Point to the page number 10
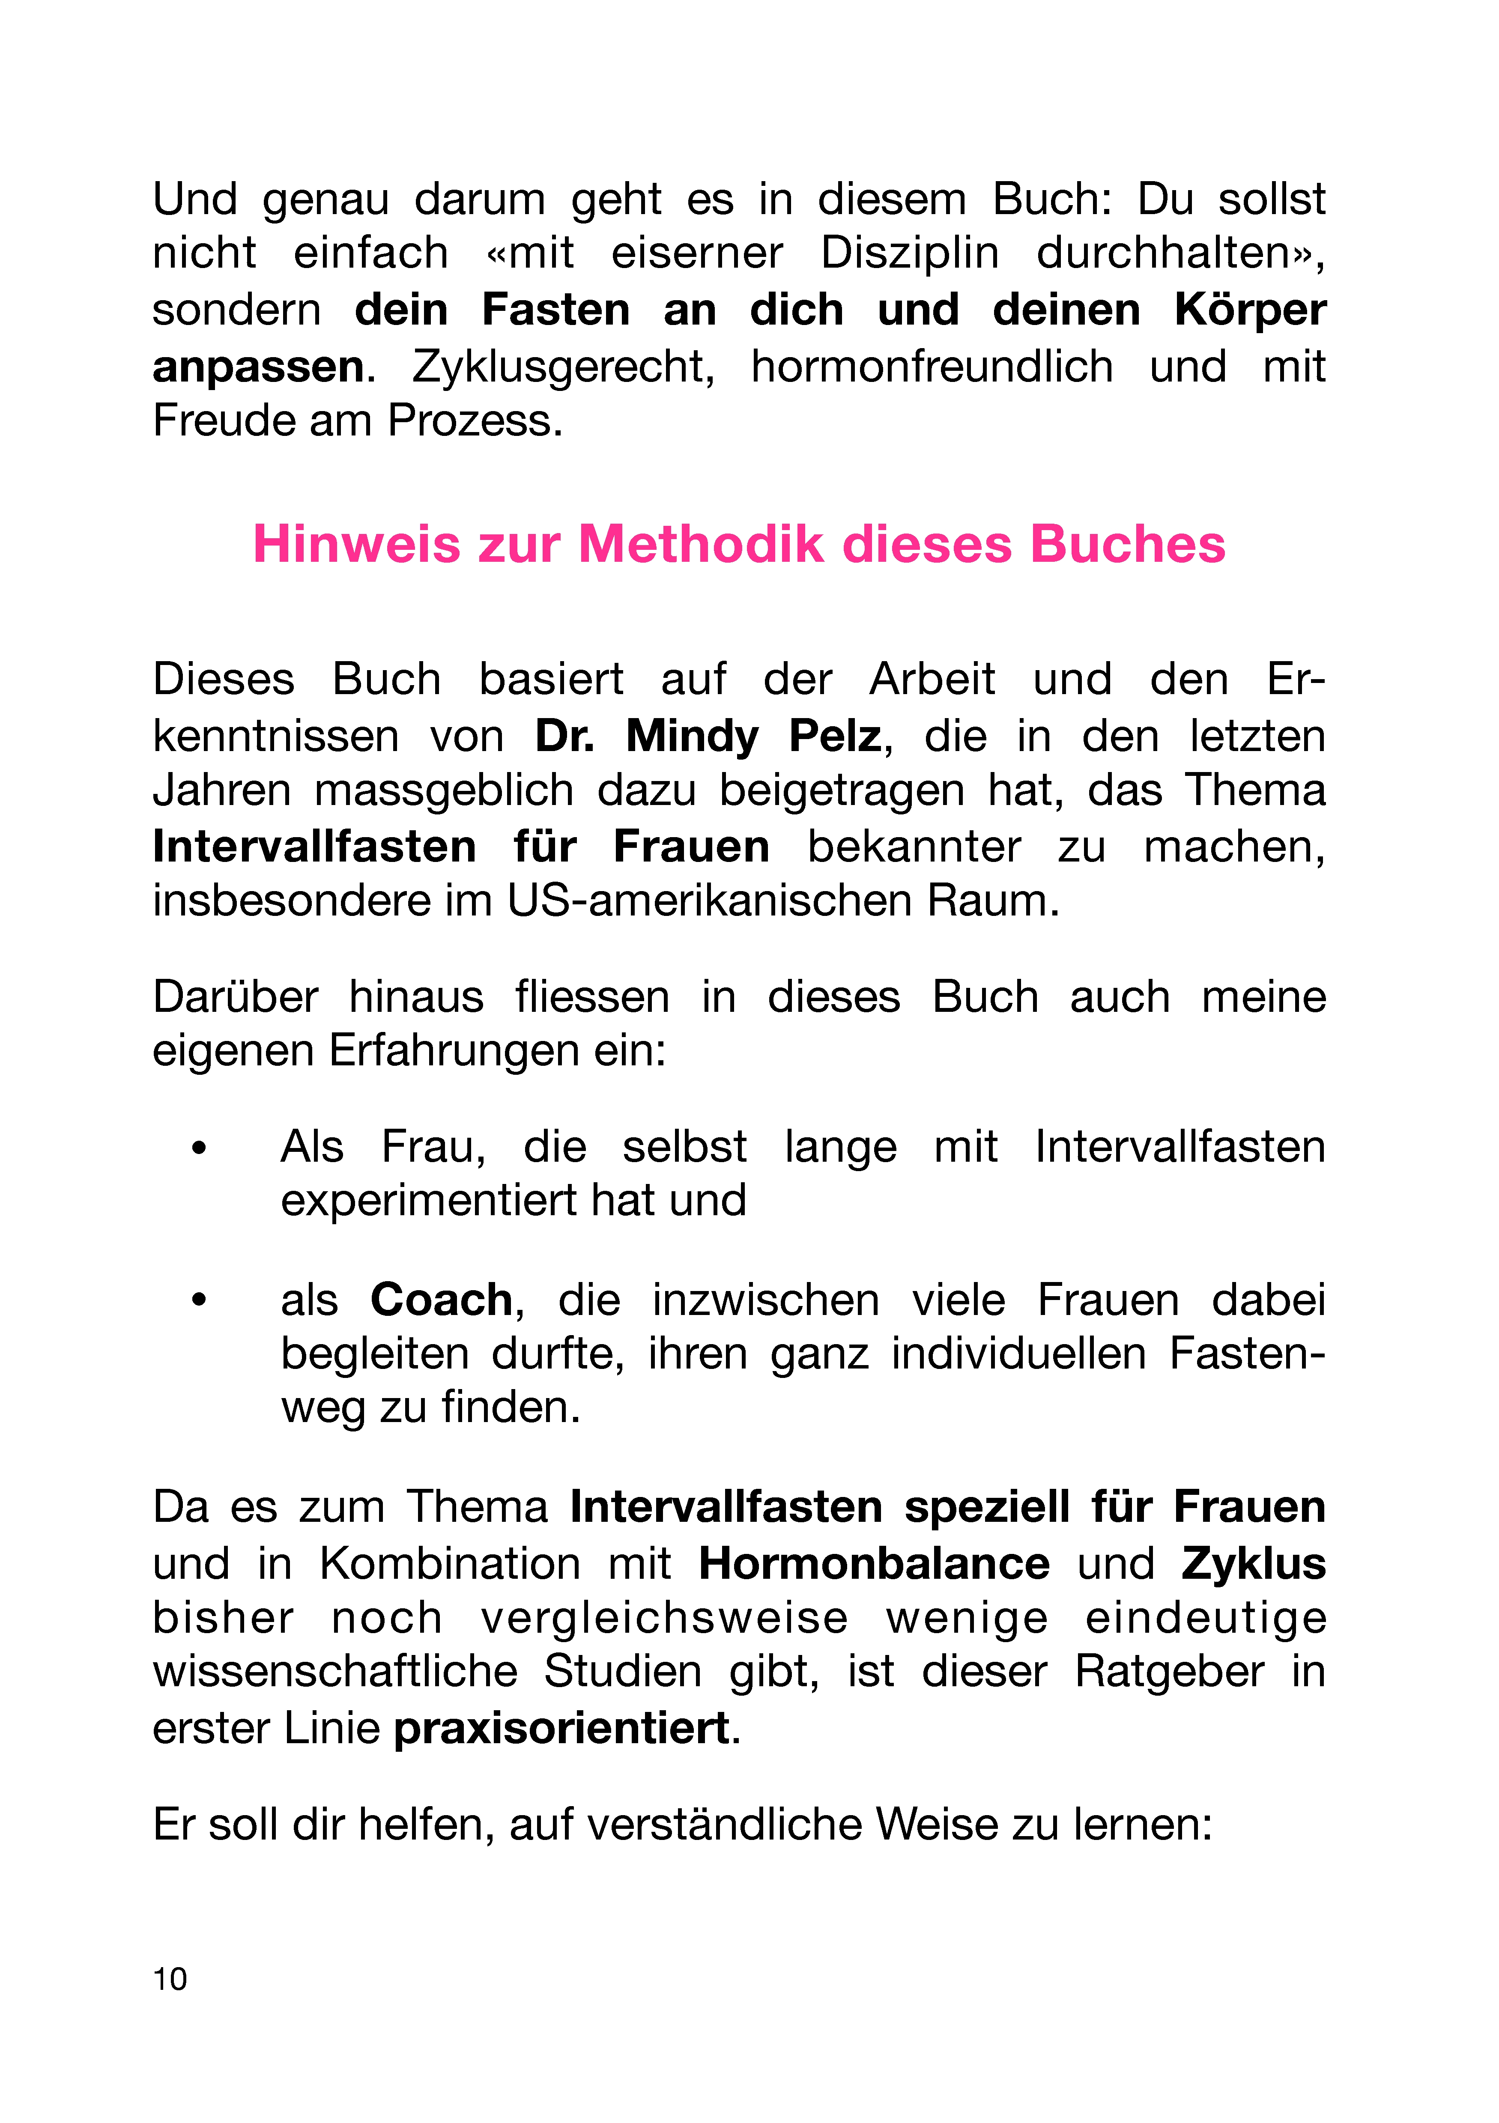point(170,1979)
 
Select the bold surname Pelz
point(835,737)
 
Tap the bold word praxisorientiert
point(561,1729)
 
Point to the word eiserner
point(697,253)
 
